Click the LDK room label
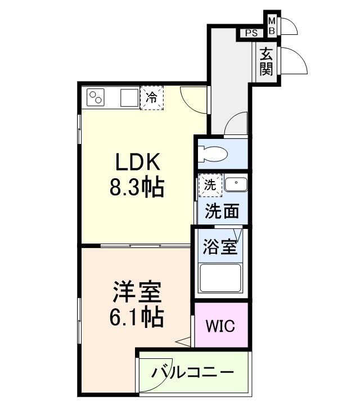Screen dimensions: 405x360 pos(138,163)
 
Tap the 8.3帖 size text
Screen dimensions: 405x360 pos(136,187)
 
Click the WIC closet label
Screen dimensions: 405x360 pos(220,326)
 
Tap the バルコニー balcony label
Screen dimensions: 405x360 pos(192,373)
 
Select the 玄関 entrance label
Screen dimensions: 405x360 pos(266,61)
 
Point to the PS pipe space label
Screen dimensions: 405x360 pos(251,33)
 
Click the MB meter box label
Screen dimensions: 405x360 pos(272,25)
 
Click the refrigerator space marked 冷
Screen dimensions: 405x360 pos(151,98)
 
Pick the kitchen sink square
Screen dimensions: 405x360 pos(128,98)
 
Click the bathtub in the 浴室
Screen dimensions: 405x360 pos(222,278)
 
